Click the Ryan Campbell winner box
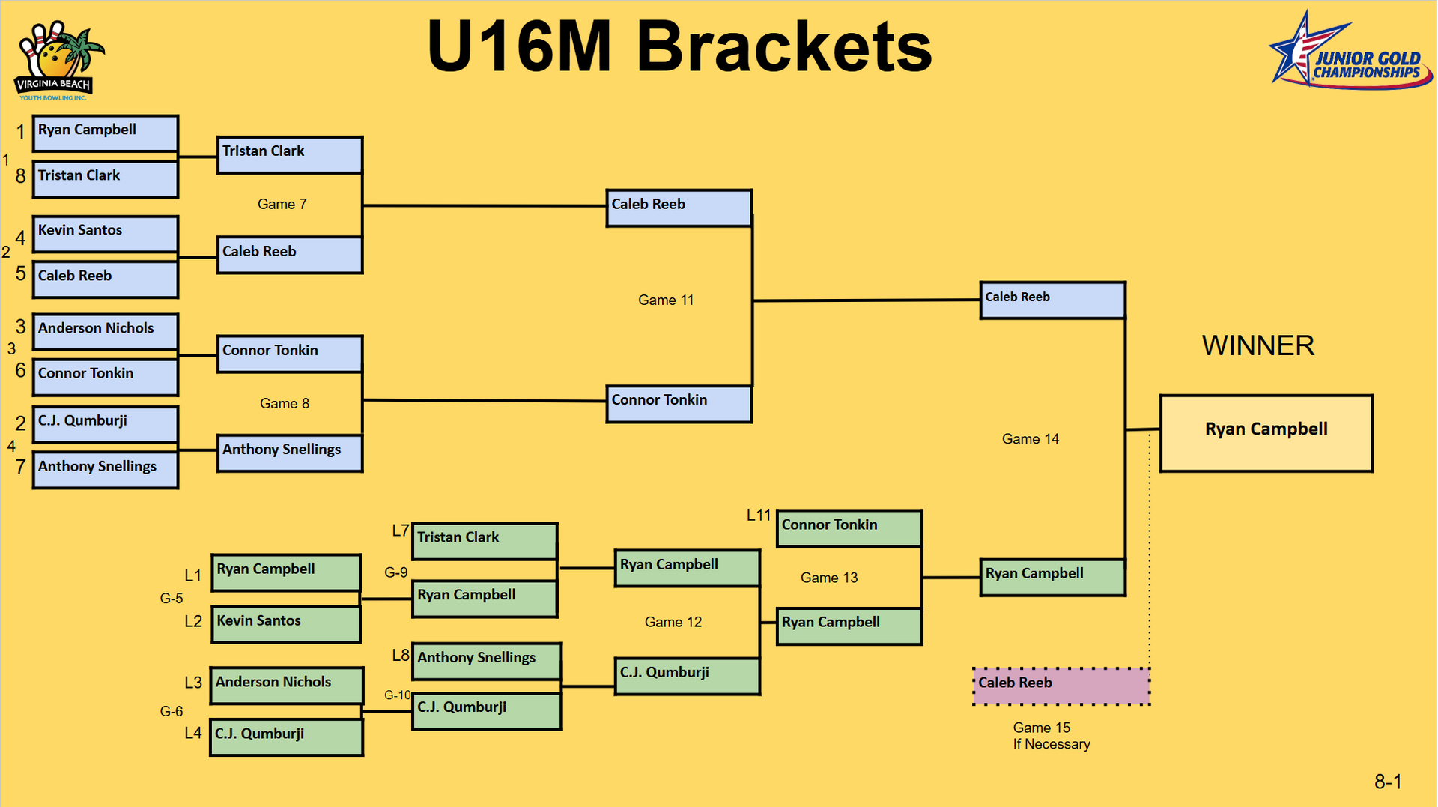pos(1266,433)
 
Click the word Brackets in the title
pos(783,46)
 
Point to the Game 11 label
pos(666,300)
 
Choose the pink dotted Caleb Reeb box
pos(1061,686)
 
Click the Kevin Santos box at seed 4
pos(105,234)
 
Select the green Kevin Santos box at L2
pos(286,624)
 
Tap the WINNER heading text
pos(1258,345)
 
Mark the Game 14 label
pos(1030,439)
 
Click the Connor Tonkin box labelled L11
pos(849,528)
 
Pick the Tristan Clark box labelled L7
pos(484,541)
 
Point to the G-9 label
pos(395,572)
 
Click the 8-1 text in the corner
pos(1387,782)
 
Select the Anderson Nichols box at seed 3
pos(105,331)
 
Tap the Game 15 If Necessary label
pos(1051,736)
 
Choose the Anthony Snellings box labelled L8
pos(486,661)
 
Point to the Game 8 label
pos(284,404)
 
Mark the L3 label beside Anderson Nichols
pos(193,683)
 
